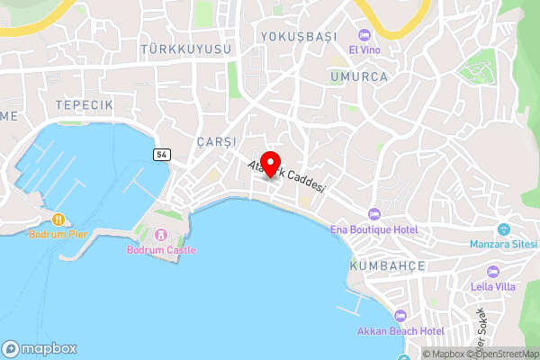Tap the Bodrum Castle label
click(x=162, y=249)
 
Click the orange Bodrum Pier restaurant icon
click(x=58, y=219)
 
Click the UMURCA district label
click(x=358, y=77)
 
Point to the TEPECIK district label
click(x=84, y=106)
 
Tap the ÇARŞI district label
click(x=215, y=143)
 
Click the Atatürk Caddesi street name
click(x=288, y=178)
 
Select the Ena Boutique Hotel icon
click(x=374, y=214)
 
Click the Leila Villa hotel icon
click(x=491, y=272)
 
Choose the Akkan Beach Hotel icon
click(x=400, y=315)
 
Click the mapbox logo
click(x=40, y=348)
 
